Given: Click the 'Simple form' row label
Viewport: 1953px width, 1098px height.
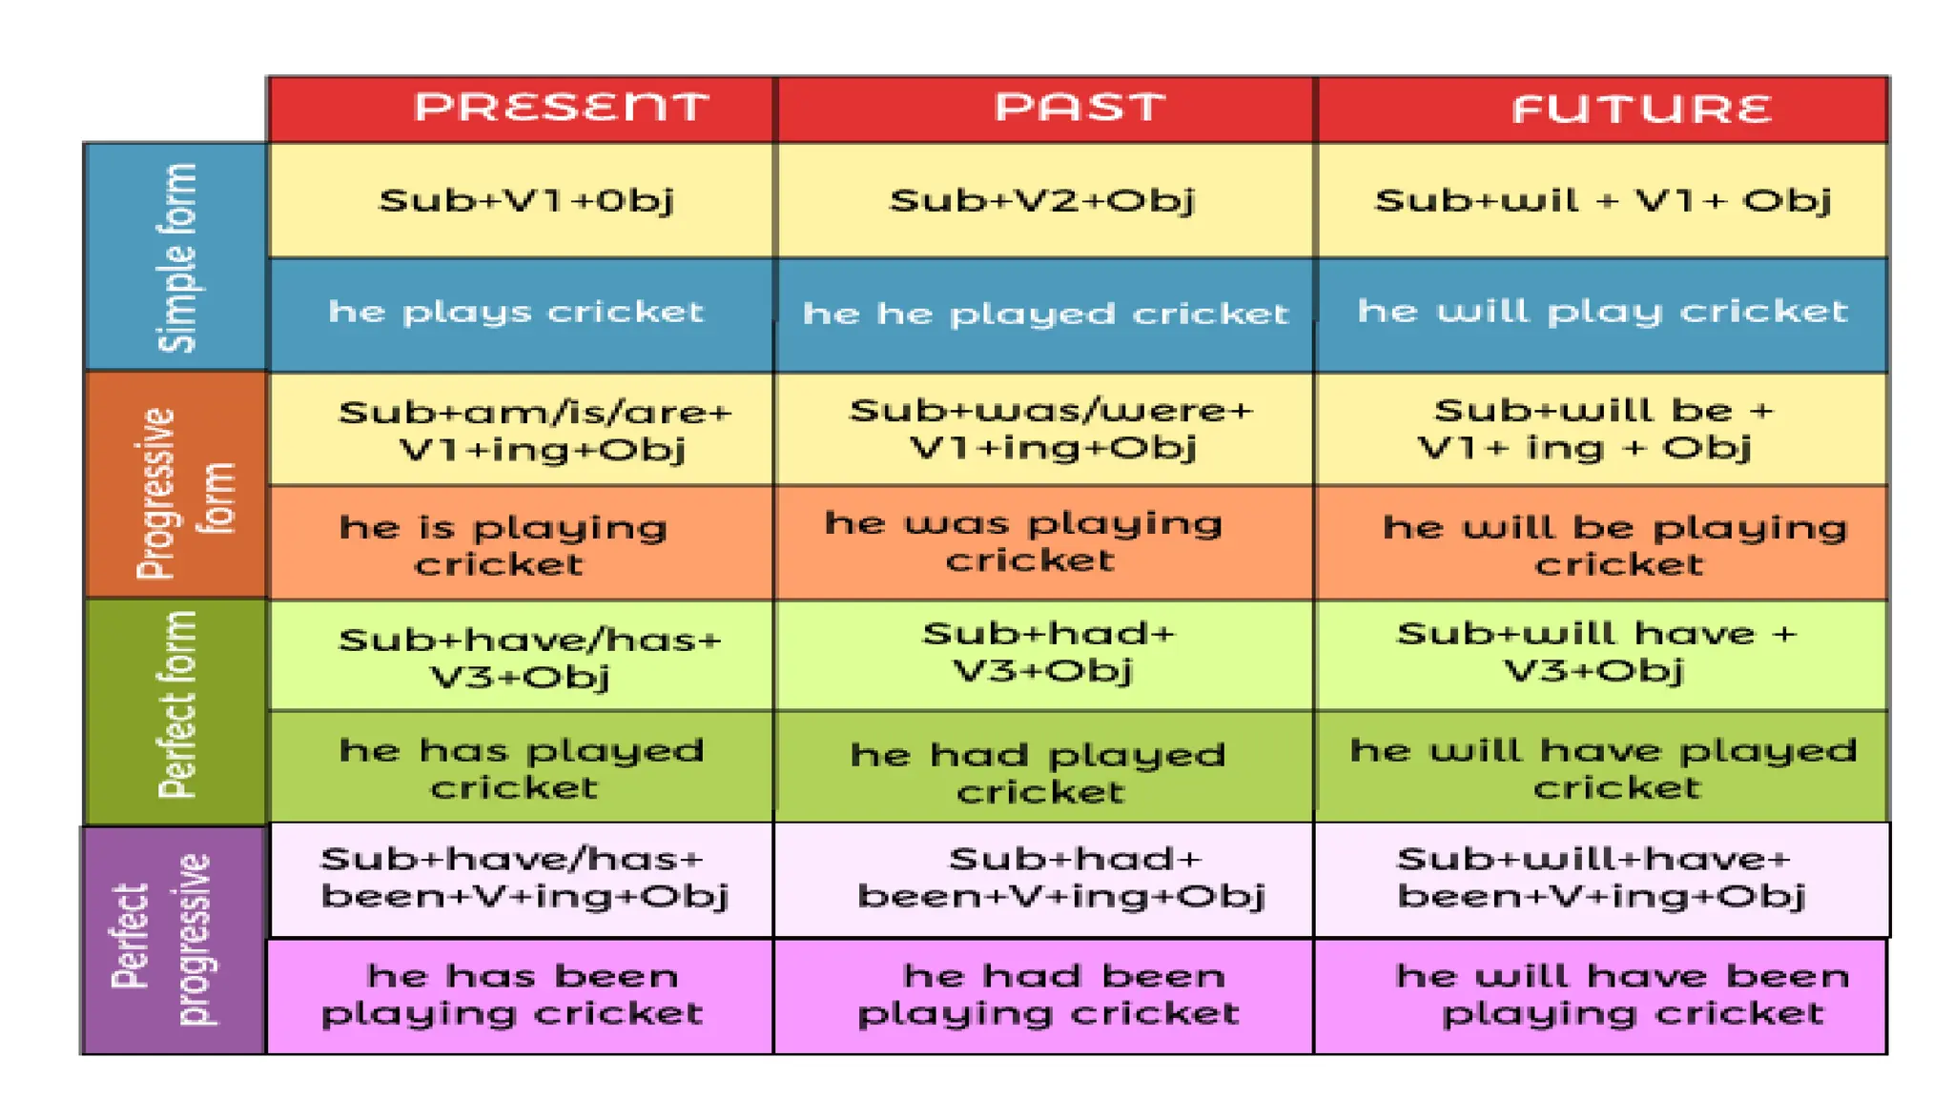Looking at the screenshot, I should tap(176, 257).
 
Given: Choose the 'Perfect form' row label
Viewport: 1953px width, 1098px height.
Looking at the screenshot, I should tap(176, 710).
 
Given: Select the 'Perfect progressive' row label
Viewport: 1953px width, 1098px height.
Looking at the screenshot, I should tap(172, 939).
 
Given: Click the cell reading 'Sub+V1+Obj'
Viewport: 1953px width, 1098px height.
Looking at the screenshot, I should tap(525, 200).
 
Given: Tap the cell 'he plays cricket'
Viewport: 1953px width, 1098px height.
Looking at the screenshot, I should tap(516, 313).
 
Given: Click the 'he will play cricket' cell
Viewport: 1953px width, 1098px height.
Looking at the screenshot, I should tap(1602, 312).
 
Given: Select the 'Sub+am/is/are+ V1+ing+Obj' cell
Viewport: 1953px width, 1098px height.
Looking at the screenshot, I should tap(534, 430).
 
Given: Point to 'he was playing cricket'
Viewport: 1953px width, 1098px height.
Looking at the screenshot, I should tap(1025, 541).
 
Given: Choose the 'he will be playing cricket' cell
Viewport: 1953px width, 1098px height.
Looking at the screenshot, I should tap(1615, 544).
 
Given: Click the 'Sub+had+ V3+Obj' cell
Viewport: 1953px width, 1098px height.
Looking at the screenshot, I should tap(1046, 653).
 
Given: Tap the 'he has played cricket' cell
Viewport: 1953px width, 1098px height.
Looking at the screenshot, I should tap(520, 768).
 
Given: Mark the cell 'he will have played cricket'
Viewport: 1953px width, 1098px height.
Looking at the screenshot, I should tap(1604, 768).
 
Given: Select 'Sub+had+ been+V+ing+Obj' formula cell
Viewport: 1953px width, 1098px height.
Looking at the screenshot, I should tap(1061, 878).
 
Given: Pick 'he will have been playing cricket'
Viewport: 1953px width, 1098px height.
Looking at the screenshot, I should tap(1621, 994).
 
